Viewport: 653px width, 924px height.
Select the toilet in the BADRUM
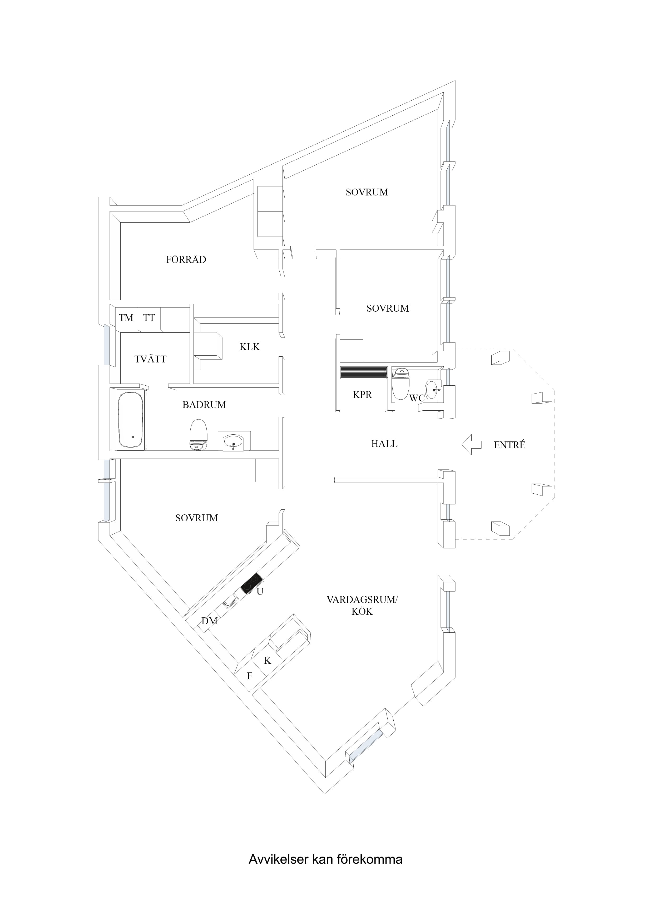198,434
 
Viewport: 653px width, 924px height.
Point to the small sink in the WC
434,389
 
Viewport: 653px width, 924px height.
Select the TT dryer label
149,318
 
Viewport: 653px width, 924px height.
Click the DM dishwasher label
209,621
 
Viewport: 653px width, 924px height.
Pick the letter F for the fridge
249,676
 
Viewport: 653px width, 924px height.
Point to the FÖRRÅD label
186,259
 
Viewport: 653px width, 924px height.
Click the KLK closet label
249,347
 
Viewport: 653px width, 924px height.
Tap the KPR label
362,395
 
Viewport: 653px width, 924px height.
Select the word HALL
384,444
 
